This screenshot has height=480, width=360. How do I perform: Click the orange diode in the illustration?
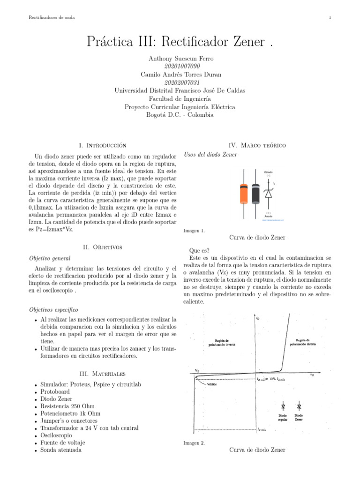click(244, 193)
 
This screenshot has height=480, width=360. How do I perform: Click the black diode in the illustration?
click(255, 193)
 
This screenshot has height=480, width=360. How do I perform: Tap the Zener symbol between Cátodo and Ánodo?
click(268, 193)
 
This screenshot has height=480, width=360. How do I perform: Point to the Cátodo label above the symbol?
click(269, 173)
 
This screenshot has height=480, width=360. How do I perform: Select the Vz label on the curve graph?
click(197, 370)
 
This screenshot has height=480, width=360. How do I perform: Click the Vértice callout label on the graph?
click(211, 383)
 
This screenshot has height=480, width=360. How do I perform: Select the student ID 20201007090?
click(180, 66)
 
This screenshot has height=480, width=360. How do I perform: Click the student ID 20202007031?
click(180, 82)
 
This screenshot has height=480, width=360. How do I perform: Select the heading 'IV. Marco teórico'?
click(257, 146)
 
